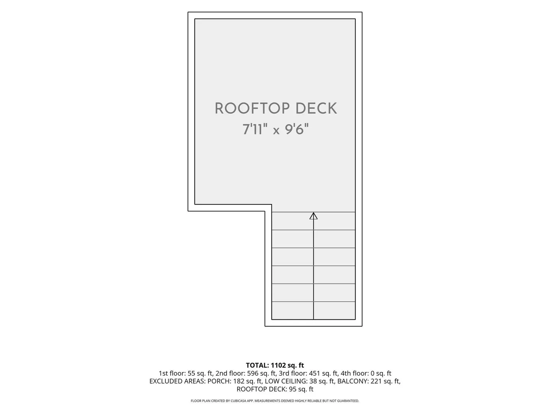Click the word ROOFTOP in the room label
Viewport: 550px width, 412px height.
pos(252,108)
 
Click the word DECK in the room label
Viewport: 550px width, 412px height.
pos(316,108)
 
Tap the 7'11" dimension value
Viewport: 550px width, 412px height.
pos(255,129)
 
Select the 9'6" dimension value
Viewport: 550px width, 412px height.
pos(297,129)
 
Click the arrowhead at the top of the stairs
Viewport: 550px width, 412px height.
pos(313,216)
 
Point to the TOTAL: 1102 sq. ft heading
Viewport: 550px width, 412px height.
pos(275,365)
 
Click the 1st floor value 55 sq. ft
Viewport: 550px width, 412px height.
pos(200,373)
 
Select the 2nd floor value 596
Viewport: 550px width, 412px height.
pos(252,373)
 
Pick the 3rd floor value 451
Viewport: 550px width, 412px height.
pos(314,373)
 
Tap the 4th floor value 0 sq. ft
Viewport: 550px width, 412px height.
pos(381,373)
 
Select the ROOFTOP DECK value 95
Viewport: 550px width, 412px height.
pos(293,389)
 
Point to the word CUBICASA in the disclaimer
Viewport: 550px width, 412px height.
pos(239,401)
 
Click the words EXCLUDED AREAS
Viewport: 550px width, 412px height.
pos(177,381)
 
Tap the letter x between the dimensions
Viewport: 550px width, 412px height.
pos(276,131)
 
